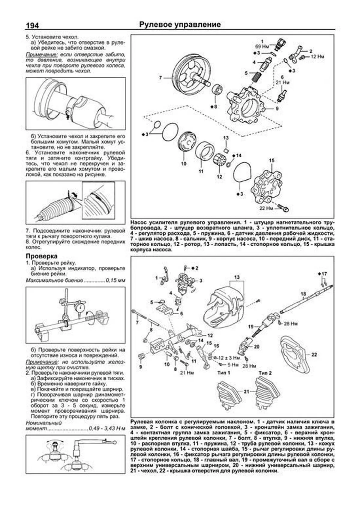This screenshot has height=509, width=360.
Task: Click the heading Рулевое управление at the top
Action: [x=180, y=25]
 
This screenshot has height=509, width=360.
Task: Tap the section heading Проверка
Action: [x=41, y=256]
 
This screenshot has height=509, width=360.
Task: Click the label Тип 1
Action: [x=223, y=373]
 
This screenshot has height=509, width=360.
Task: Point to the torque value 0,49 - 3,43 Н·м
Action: [x=107, y=429]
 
